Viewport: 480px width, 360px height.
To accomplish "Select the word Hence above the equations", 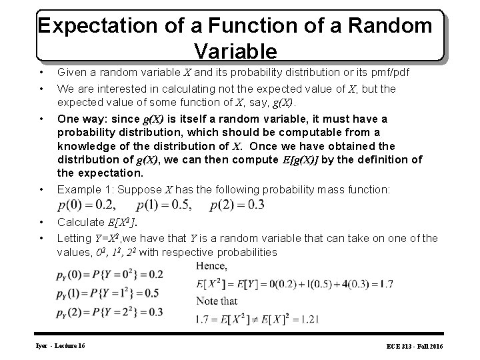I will click(212, 267).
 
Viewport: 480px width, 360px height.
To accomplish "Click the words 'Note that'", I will click(217, 301).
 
